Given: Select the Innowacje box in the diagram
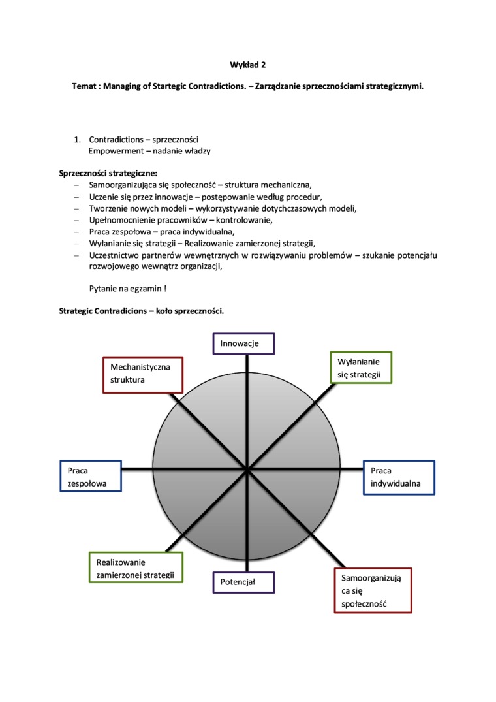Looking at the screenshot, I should point(244,343).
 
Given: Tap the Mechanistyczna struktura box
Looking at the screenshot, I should point(143,374).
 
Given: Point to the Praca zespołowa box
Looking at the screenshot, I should point(90,477).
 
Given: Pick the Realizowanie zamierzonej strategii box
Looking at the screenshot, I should point(136,567).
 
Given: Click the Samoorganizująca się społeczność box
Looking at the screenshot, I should point(372,590).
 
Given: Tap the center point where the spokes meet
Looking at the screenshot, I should point(247,469).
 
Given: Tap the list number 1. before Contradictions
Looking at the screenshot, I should point(77,140).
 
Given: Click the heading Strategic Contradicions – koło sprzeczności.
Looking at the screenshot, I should point(142,311).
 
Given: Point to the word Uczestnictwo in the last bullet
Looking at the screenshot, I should point(115,255).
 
